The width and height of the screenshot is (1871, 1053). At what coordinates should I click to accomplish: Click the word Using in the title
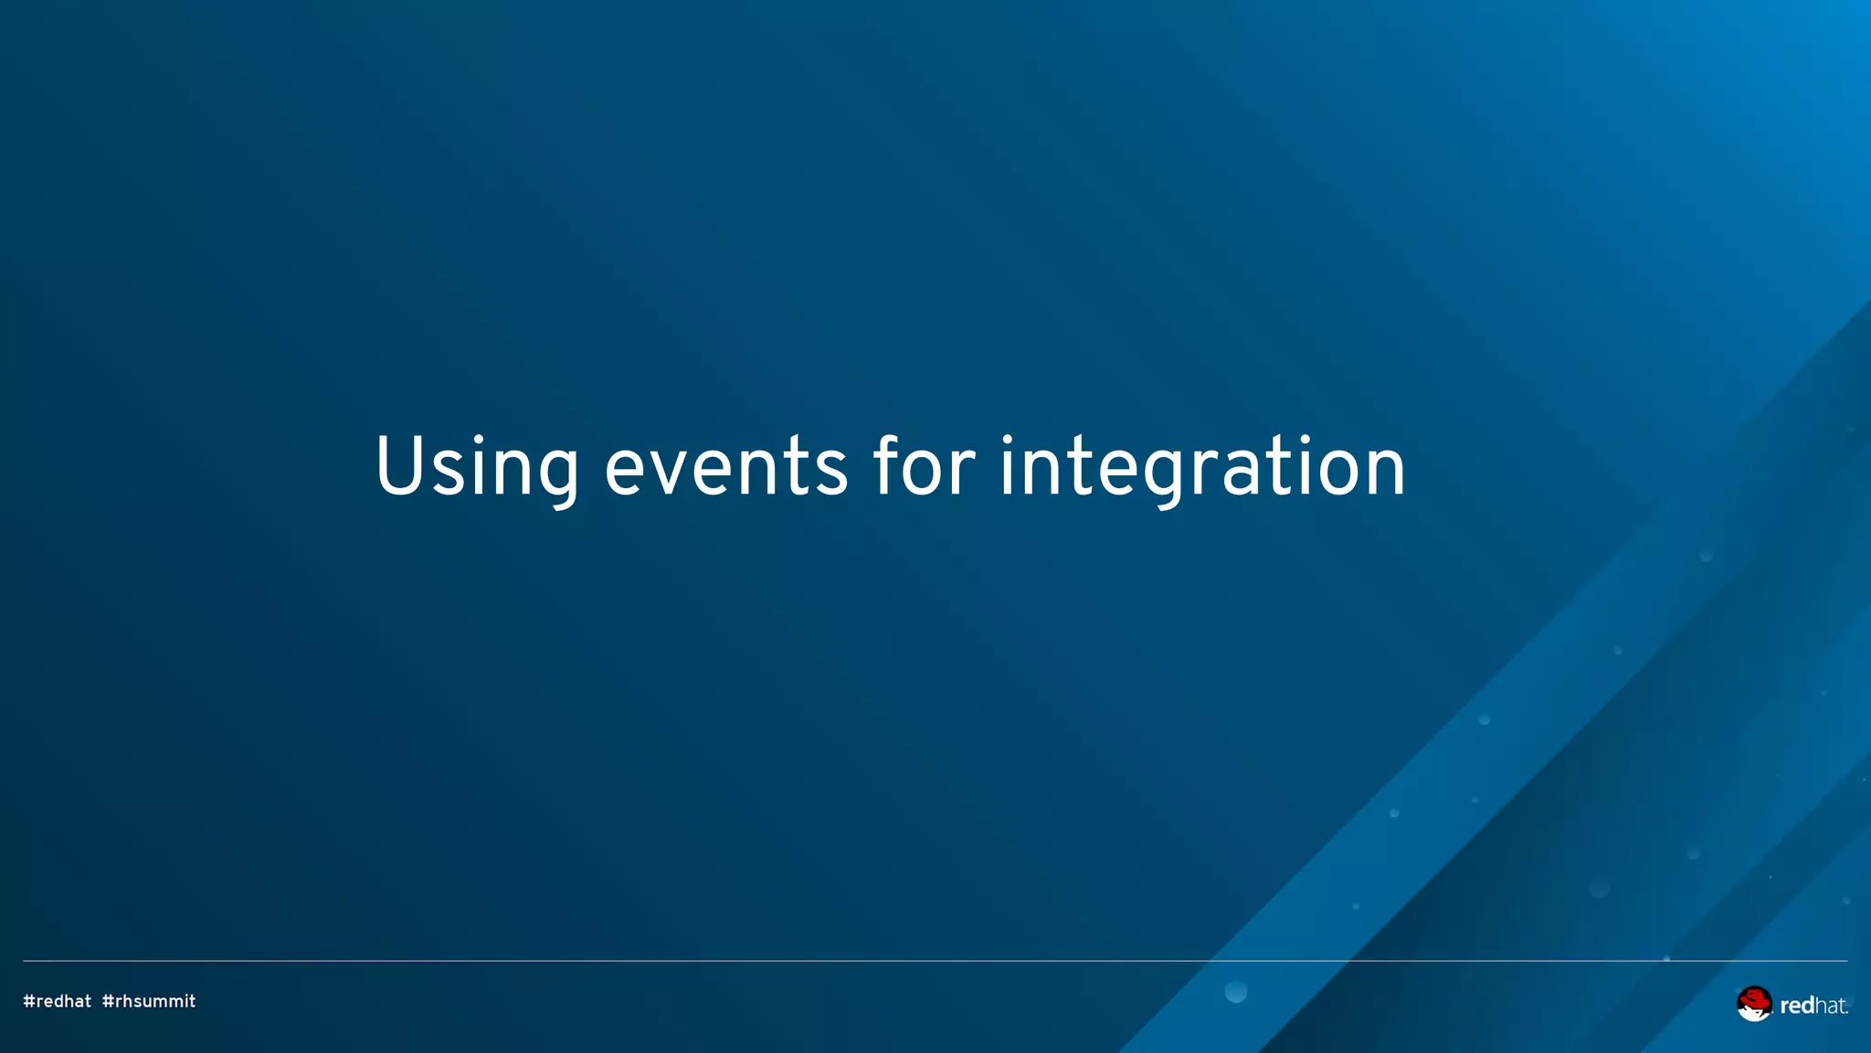pyautogui.click(x=476, y=468)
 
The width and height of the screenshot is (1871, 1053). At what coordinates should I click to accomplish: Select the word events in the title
pyautogui.click(x=725, y=468)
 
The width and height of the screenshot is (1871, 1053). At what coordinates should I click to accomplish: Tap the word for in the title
pyautogui.click(x=924, y=468)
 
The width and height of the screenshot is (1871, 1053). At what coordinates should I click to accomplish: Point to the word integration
pyautogui.click(x=1202, y=468)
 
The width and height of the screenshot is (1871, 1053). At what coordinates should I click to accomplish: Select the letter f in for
pyautogui.click(x=886, y=466)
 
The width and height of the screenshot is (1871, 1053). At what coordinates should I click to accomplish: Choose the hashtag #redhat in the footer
pyautogui.click(x=57, y=1002)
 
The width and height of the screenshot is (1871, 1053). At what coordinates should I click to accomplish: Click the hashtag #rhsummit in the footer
pyautogui.click(x=149, y=1002)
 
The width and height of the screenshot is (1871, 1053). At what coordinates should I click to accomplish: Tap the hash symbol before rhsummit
pyautogui.click(x=108, y=1002)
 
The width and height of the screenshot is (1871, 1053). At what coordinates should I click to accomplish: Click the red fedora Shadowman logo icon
pyautogui.click(x=1753, y=1004)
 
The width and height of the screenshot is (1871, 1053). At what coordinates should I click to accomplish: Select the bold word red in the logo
pyautogui.click(x=1797, y=1006)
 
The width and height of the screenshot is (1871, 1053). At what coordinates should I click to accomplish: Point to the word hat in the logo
pyautogui.click(x=1830, y=1006)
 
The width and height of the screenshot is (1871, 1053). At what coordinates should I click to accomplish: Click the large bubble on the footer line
pyautogui.click(x=1235, y=992)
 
